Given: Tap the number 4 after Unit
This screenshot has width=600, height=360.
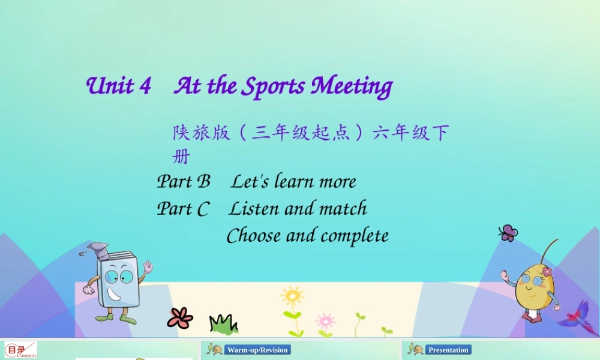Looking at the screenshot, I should click(145, 86).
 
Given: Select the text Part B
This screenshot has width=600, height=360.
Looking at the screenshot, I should click(184, 181).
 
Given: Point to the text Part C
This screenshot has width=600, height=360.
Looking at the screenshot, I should click(183, 209).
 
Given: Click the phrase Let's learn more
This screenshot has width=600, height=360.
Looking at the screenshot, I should click(293, 181).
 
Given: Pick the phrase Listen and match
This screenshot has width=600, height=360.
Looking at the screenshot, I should click(298, 209).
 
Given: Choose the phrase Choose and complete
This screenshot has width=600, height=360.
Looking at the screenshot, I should click(307, 236).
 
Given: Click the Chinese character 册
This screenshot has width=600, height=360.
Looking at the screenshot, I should click(181, 157).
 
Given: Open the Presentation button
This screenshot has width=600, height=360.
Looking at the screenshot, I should click(448, 350).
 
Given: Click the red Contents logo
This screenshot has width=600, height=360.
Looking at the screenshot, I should click(21, 350).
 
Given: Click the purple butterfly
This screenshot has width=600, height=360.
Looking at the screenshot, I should click(508, 233).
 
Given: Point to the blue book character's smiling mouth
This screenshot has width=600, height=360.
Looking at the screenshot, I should click(115, 293).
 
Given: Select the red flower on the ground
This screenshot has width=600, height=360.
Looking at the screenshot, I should click(179, 317).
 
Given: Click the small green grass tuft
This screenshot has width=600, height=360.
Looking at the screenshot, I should click(223, 324).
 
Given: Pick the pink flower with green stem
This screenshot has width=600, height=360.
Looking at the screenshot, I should click(325, 321).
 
